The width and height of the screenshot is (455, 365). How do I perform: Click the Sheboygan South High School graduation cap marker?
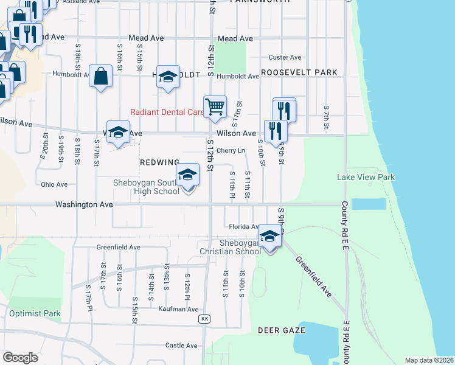188,176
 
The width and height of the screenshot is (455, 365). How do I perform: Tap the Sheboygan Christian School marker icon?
269,237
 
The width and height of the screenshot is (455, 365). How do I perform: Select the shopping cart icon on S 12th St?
215,107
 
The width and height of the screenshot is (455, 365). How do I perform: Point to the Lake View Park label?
366,178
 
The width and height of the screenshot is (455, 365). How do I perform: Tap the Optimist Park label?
35,314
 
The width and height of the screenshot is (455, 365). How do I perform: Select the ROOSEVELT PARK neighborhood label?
299,72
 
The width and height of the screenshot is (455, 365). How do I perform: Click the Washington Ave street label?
84,205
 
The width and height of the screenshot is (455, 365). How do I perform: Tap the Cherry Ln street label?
231,150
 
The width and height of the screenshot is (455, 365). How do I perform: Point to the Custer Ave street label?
285,58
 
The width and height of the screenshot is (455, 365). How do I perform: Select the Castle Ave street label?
181,346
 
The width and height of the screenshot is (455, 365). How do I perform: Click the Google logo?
21,358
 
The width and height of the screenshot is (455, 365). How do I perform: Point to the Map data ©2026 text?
429,360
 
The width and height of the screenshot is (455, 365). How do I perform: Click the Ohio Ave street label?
54,184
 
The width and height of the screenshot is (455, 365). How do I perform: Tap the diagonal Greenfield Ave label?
314,276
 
